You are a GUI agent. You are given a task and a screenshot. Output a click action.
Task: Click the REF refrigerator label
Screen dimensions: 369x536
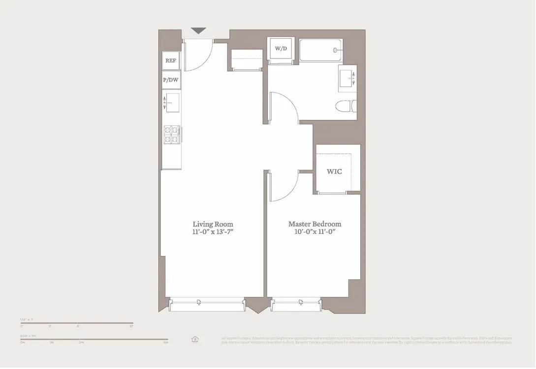(171, 61)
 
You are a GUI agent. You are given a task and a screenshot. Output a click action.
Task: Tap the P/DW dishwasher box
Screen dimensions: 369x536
(171, 80)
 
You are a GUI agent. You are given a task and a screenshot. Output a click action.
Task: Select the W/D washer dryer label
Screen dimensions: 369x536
(281, 49)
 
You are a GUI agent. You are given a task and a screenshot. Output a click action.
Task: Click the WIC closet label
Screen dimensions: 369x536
(334, 171)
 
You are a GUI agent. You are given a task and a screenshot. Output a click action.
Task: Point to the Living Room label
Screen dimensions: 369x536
(213, 224)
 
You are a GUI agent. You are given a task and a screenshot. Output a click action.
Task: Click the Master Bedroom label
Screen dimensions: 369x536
(315, 224)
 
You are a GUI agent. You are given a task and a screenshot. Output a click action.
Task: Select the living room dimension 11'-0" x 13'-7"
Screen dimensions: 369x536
(213, 232)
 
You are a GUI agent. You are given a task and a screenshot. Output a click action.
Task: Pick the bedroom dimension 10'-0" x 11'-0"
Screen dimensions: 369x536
(315, 232)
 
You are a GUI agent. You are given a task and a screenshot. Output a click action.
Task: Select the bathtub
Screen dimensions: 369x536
(319, 50)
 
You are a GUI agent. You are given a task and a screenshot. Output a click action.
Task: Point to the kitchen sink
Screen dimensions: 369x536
(171, 103)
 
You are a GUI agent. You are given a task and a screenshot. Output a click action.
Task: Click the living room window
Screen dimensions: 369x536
(207, 305)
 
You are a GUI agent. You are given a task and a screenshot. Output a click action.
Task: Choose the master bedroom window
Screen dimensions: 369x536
(295, 305)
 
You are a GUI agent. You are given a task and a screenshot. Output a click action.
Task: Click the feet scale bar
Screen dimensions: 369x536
(76, 323)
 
